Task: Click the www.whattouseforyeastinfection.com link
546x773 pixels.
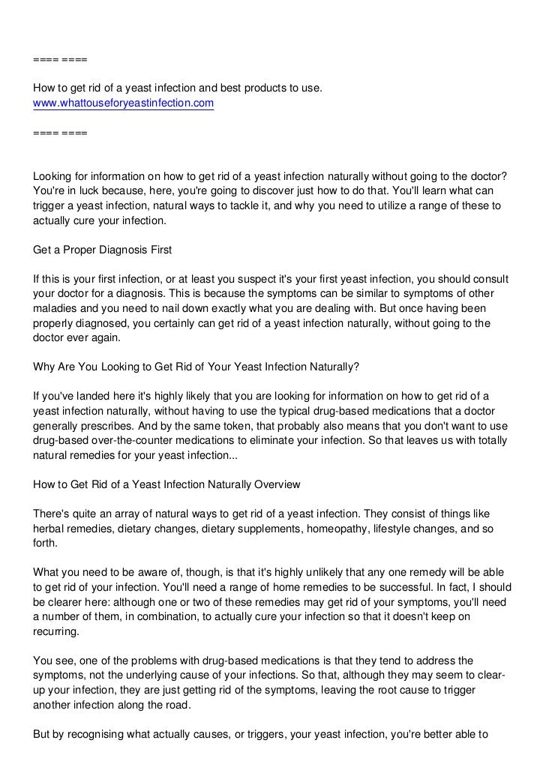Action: click(x=124, y=103)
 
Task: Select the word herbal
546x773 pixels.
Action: click(x=49, y=531)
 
